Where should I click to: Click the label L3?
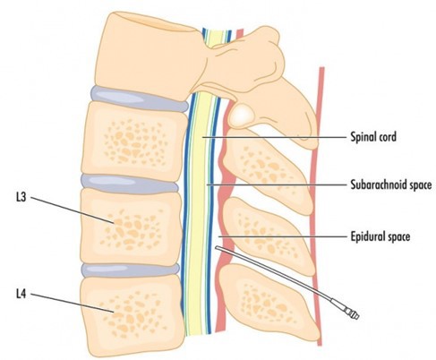click(x=21, y=198)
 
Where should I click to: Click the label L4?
click(x=21, y=295)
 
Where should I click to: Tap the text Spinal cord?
click(x=373, y=137)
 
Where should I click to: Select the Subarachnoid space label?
click(x=391, y=184)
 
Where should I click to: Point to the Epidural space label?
click(x=380, y=236)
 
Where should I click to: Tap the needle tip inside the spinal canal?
click(x=217, y=248)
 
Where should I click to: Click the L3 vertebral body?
click(x=131, y=227)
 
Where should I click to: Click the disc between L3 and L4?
click(x=131, y=270)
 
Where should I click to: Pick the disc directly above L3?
click(x=129, y=183)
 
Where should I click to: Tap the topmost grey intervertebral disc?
click(x=139, y=99)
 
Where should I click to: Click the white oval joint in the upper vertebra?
click(x=241, y=115)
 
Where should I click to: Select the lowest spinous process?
click(x=269, y=303)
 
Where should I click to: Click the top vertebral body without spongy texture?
click(x=150, y=56)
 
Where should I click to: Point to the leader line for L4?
click(x=72, y=304)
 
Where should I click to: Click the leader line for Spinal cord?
click(x=274, y=137)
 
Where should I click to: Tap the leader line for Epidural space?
click(x=282, y=236)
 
